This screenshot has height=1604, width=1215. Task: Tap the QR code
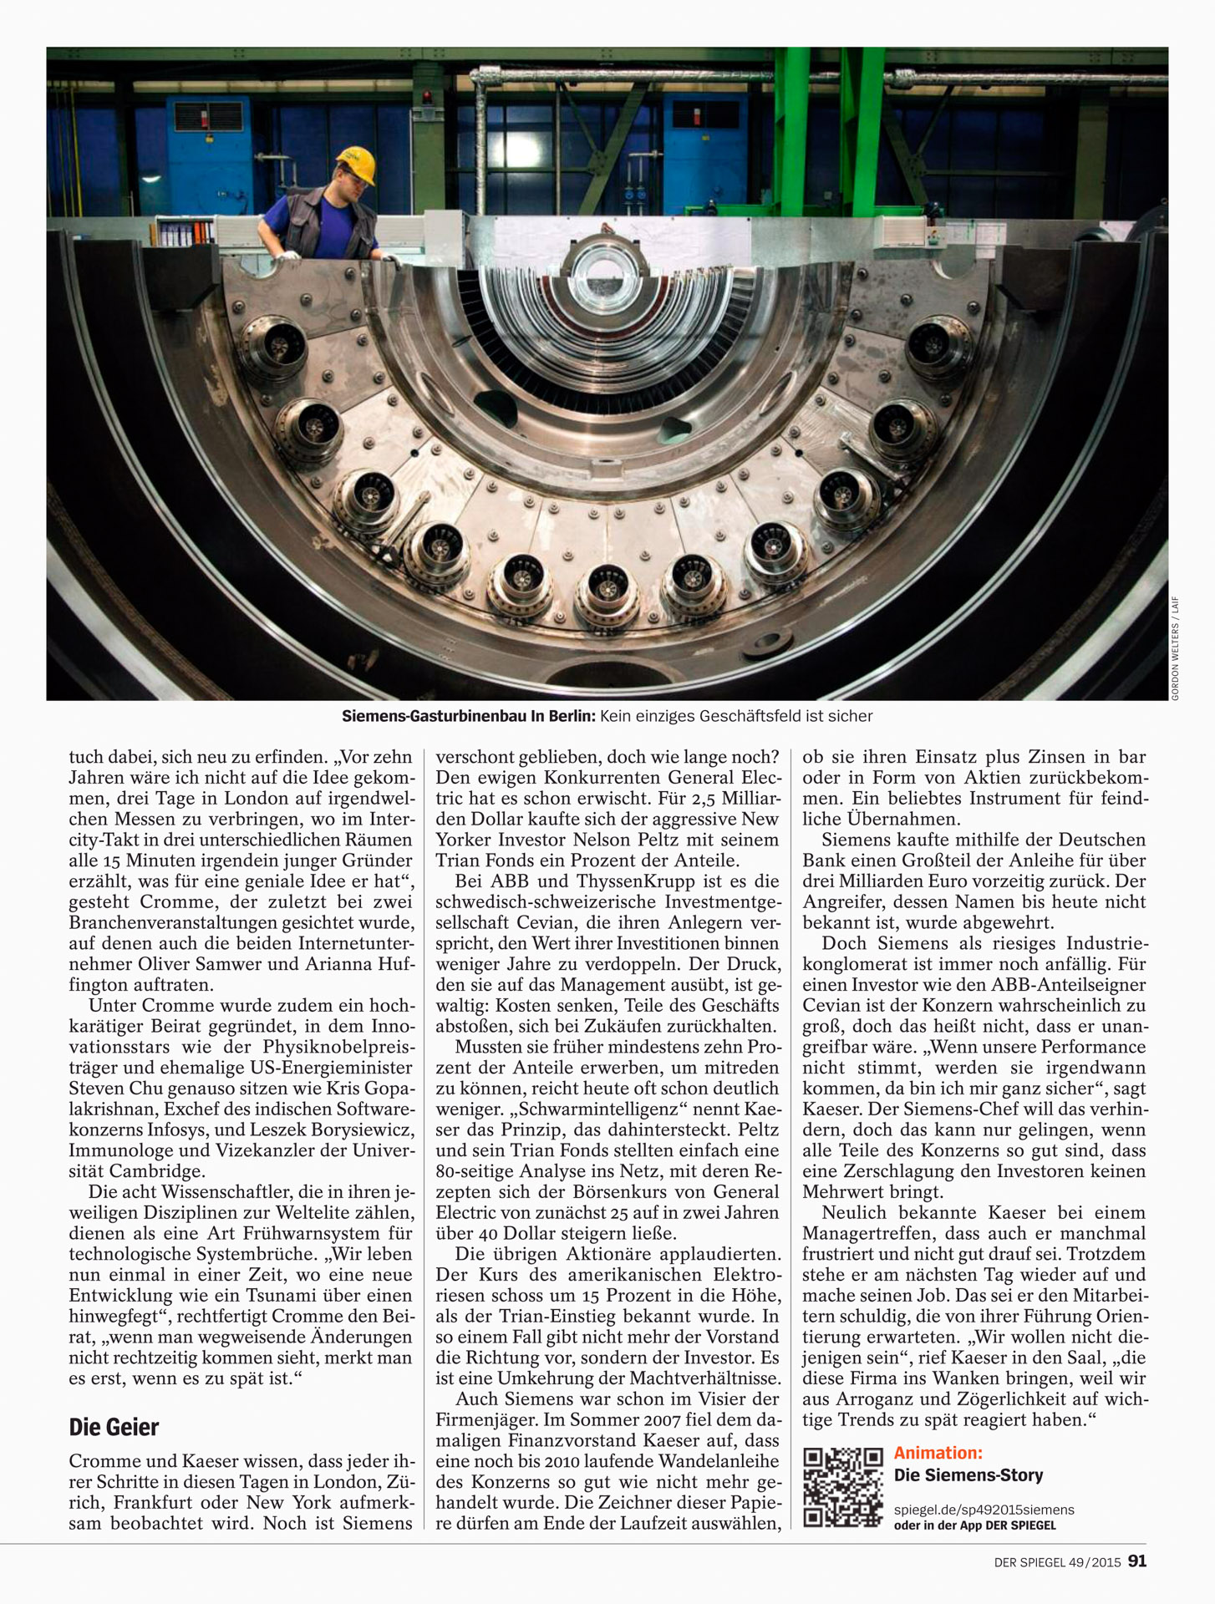pyautogui.click(x=842, y=1487)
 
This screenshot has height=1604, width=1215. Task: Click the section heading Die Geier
pyautogui.click(x=114, y=1427)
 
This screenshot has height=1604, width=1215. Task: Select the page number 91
pyautogui.click(x=1137, y=1561)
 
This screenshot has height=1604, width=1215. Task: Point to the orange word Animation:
pyautogui.click(x=938, y=1453)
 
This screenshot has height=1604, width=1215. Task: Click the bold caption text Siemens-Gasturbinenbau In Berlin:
pyautogui.click(x=468, y=716)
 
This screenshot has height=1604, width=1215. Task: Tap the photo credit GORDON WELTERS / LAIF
pyautogui.click(x=1174, y=647)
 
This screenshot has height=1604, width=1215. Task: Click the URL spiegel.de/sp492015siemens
pyautogui.click(x=984, y=1510)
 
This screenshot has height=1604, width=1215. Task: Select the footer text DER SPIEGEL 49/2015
pyautogui.click(x=1057, y=1561)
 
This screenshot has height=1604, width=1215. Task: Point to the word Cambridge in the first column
pyautogui.click(x=157, y=1171)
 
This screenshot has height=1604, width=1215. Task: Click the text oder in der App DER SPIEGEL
pyautogui.click(x=974, y=1525)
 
